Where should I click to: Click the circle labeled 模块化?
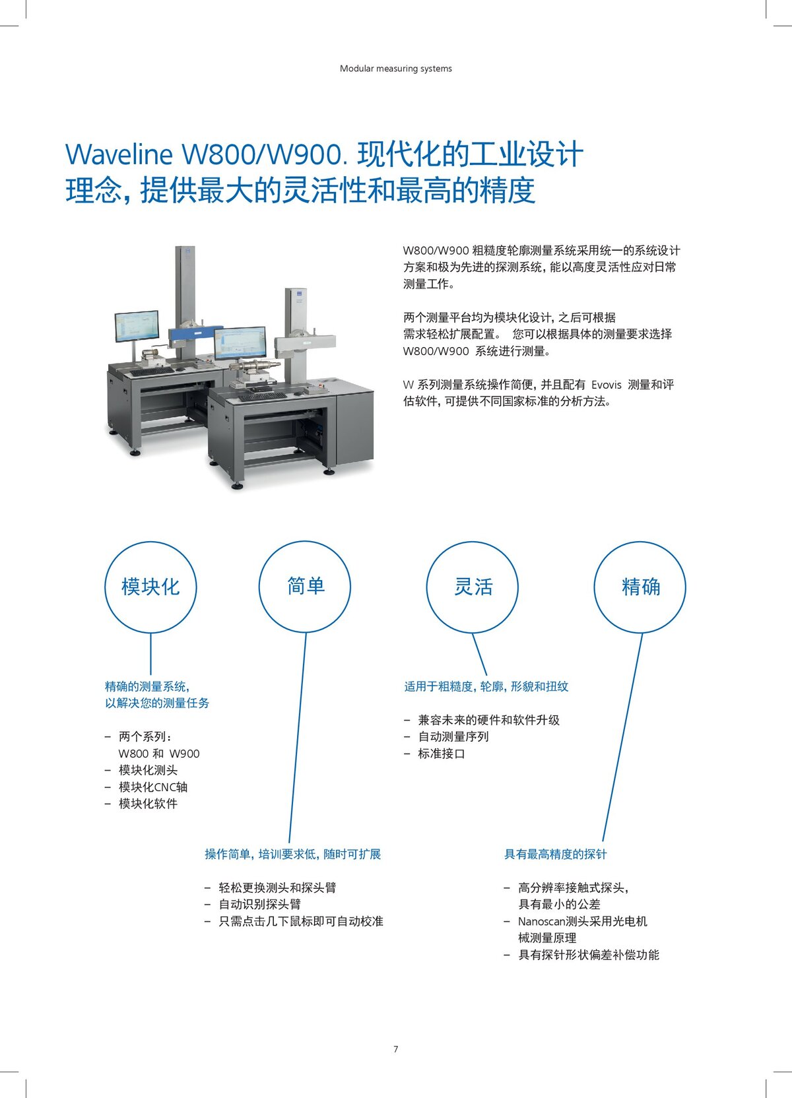point(150,587)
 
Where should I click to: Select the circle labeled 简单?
point(305,587)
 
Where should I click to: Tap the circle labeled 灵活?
point(473,587)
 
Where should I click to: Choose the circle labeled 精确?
point(640,587)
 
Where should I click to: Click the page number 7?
point(396,1049)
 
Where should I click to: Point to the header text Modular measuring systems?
point(396,69)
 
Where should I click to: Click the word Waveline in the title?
point(119,155)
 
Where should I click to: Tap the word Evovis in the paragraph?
point(606,385)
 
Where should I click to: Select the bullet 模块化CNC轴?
point(152,787)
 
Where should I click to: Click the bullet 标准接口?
point(441,754)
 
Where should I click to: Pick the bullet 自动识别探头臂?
point(259,904)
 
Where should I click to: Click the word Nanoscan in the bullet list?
point(541,921)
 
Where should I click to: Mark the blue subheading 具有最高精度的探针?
point(555,854)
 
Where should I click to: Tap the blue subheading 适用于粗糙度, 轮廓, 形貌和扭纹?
point(486,686)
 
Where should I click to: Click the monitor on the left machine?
point(137,326)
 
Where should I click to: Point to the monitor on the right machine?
point(240,343)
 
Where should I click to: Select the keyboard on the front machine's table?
point(262,397)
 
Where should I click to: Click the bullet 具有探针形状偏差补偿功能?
point(588,955)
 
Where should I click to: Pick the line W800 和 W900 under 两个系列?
point(158,754)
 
